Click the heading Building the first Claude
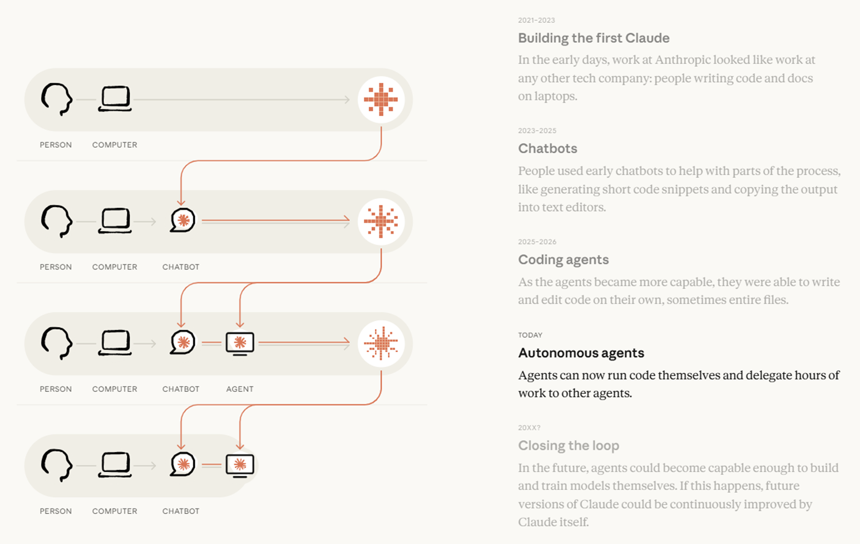(x=594, y=38)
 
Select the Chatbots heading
(x=547, y=148)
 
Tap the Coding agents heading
(x=563, y=259)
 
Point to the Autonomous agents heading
(x=581, y=353)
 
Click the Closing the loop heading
(x=569, y=446)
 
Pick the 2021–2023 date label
(x=536, y=21)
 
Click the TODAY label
(x=530, y=335)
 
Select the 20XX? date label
(x=529, y=427)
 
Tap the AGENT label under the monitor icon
(x=240, y=389)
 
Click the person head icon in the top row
(x=56, y=99)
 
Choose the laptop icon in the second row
(x=115, y=221)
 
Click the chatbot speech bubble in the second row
(x=182, y=220)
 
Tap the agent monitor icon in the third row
(x=240, y=344)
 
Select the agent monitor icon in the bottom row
(x=240, y=466)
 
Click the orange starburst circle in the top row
(x=381, y=100)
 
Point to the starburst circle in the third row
(x=381, y=344)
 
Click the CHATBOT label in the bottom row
(x=181, y=511)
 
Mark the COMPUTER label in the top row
(x=115, y=145)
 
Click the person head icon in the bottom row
(x=56, y=465)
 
